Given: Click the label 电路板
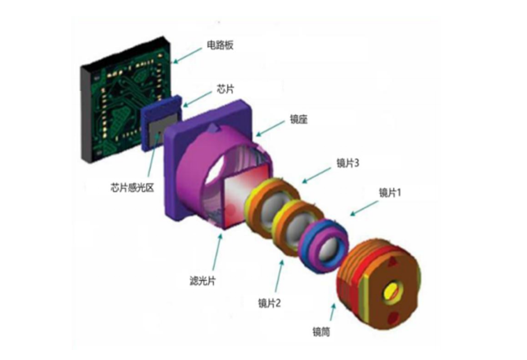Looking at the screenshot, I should point(220,46).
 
